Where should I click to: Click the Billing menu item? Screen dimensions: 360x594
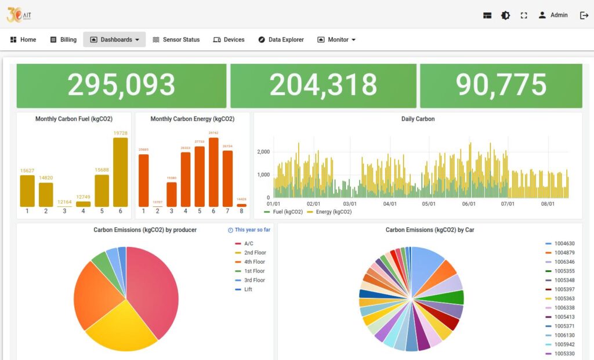tap(63, 39)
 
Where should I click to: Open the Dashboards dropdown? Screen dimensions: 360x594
tap(114, 39)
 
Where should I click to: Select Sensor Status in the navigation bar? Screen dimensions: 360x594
tap(176, 39)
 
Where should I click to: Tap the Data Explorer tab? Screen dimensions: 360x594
tap(281, 39)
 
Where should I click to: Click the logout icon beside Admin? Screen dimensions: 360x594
tap(584, 15)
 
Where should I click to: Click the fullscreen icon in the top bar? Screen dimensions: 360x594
tap(524, 16)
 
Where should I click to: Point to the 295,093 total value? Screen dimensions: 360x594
tap(121, 85)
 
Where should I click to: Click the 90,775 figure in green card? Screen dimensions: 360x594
tap(501, 85)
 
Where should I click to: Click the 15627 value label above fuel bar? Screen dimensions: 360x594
tap(27, 170)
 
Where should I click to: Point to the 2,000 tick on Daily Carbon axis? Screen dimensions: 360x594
tap(263, 152)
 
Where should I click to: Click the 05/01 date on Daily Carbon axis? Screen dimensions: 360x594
tap(429, 204)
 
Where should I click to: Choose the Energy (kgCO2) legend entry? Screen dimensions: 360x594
tap(329, 212)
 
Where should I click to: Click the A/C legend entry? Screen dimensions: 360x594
tap(248, 244)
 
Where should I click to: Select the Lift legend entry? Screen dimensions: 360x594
tap(248, 289)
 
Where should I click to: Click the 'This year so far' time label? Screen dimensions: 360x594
tap(249, 230)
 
